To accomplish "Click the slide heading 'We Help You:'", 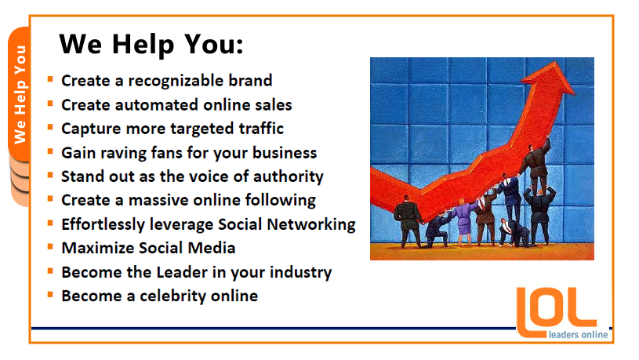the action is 151,45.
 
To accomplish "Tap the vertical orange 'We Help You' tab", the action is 20,94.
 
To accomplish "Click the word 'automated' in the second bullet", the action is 157,105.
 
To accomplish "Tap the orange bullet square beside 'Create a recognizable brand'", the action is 50,79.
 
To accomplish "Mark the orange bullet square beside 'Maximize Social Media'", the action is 50,246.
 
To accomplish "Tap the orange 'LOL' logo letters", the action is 556,311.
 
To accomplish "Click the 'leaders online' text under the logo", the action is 579,335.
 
